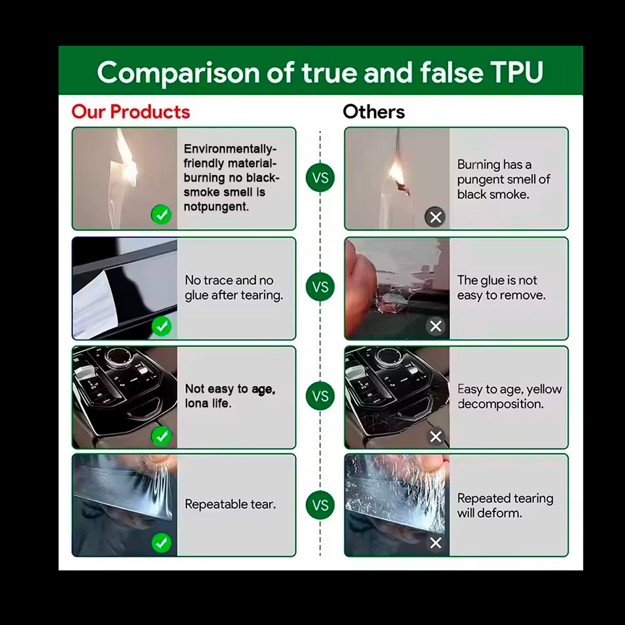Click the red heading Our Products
coord(131,112)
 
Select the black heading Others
coord(374,112)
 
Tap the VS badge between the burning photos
coord(320,178)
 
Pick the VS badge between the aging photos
coord(320,396)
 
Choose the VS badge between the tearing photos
coord(320,505)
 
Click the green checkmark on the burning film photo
coord(161,215)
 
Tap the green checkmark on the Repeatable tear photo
coord(161,543)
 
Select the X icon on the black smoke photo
coord(435,217)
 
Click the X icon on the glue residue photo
coord(435,326)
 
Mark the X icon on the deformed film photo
coord(435,543)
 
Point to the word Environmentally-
coord(230,149)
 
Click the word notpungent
coord(216,207)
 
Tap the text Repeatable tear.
coord(230,504)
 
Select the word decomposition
coord(500,404)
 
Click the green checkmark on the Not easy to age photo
coord(161,436)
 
